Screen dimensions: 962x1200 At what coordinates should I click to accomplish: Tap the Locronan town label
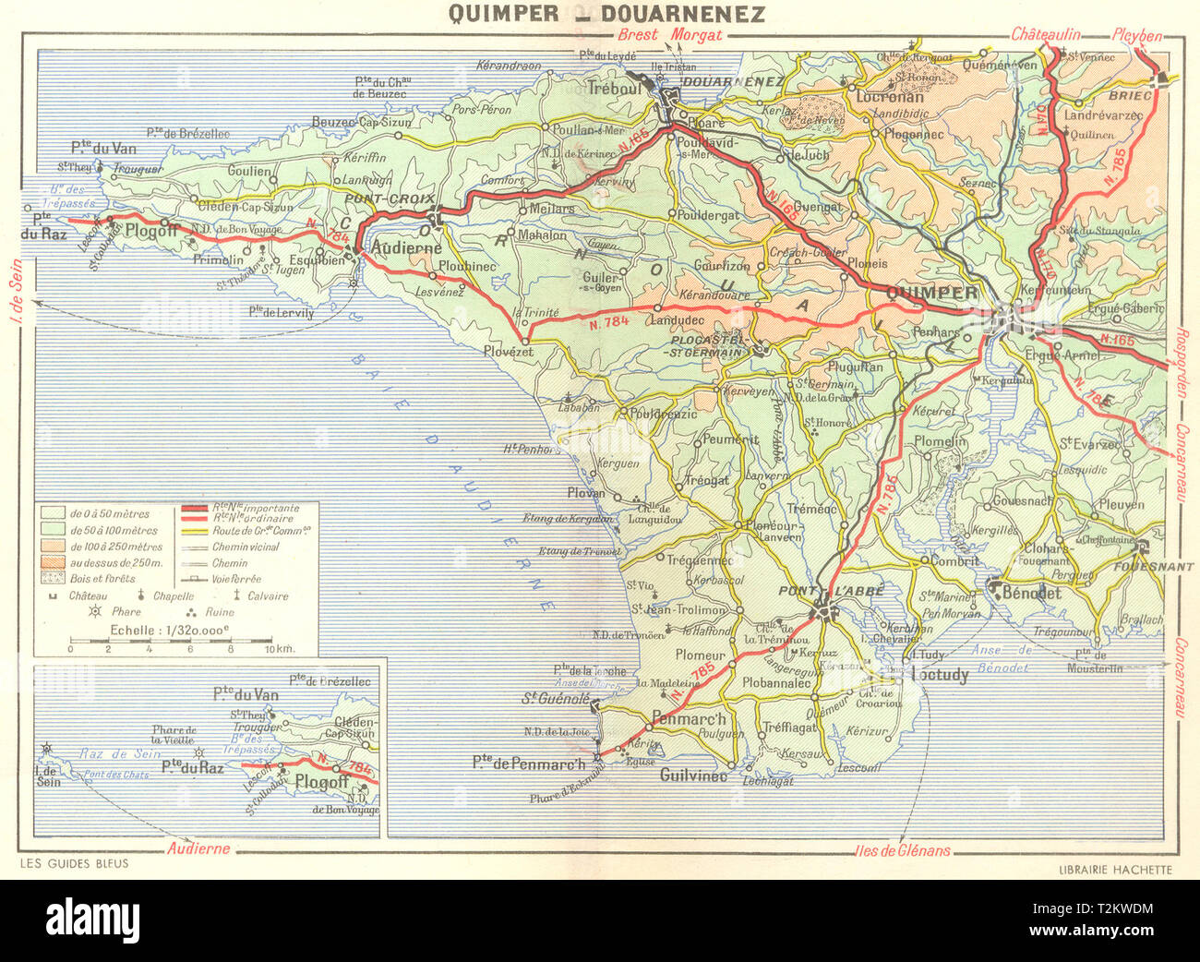(890, 96)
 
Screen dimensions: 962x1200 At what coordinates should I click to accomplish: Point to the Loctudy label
(940, 675)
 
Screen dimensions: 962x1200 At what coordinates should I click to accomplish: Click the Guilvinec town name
(693, 776)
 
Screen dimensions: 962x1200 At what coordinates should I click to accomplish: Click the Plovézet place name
(509, 352)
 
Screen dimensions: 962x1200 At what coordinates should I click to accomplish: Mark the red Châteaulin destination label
(1045, 34)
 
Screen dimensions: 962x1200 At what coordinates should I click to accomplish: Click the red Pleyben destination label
(1136, 35)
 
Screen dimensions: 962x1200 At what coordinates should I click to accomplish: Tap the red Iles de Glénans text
(903, 851)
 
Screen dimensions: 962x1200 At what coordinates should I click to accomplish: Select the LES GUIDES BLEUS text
(74, 864)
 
